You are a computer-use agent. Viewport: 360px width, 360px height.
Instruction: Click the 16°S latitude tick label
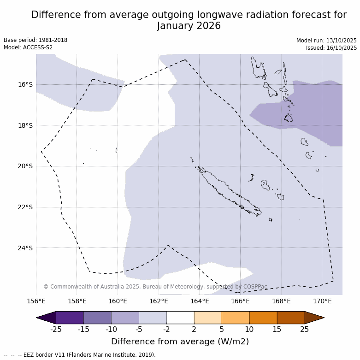click(25, 84)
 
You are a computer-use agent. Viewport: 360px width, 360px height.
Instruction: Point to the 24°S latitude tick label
click(25, 248)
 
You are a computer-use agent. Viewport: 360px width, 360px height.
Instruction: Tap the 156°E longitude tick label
click(36, 301)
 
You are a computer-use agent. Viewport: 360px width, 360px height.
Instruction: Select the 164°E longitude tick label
click(200, 301)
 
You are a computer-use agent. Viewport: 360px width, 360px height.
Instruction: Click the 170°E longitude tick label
click(322, 301)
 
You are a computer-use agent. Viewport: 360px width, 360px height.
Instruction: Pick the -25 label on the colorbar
click(56, 329)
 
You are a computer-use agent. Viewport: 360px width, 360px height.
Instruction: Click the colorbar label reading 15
click(277, 329)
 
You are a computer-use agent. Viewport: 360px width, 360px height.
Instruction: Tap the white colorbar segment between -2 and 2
click(180, 318)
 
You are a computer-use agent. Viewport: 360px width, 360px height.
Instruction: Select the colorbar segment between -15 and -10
click(98, 318)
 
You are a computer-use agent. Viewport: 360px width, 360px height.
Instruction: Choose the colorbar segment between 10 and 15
click(263, 318)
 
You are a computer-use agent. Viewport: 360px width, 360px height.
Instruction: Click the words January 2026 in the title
click(189, 26)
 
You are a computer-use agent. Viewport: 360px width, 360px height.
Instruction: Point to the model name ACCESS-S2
click(38, 47)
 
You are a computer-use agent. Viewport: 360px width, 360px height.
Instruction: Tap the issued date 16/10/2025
click(342, 48)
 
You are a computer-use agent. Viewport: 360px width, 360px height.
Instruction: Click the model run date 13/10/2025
click(342, 41)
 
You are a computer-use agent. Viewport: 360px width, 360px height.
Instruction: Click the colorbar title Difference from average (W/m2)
click(180, 342)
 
